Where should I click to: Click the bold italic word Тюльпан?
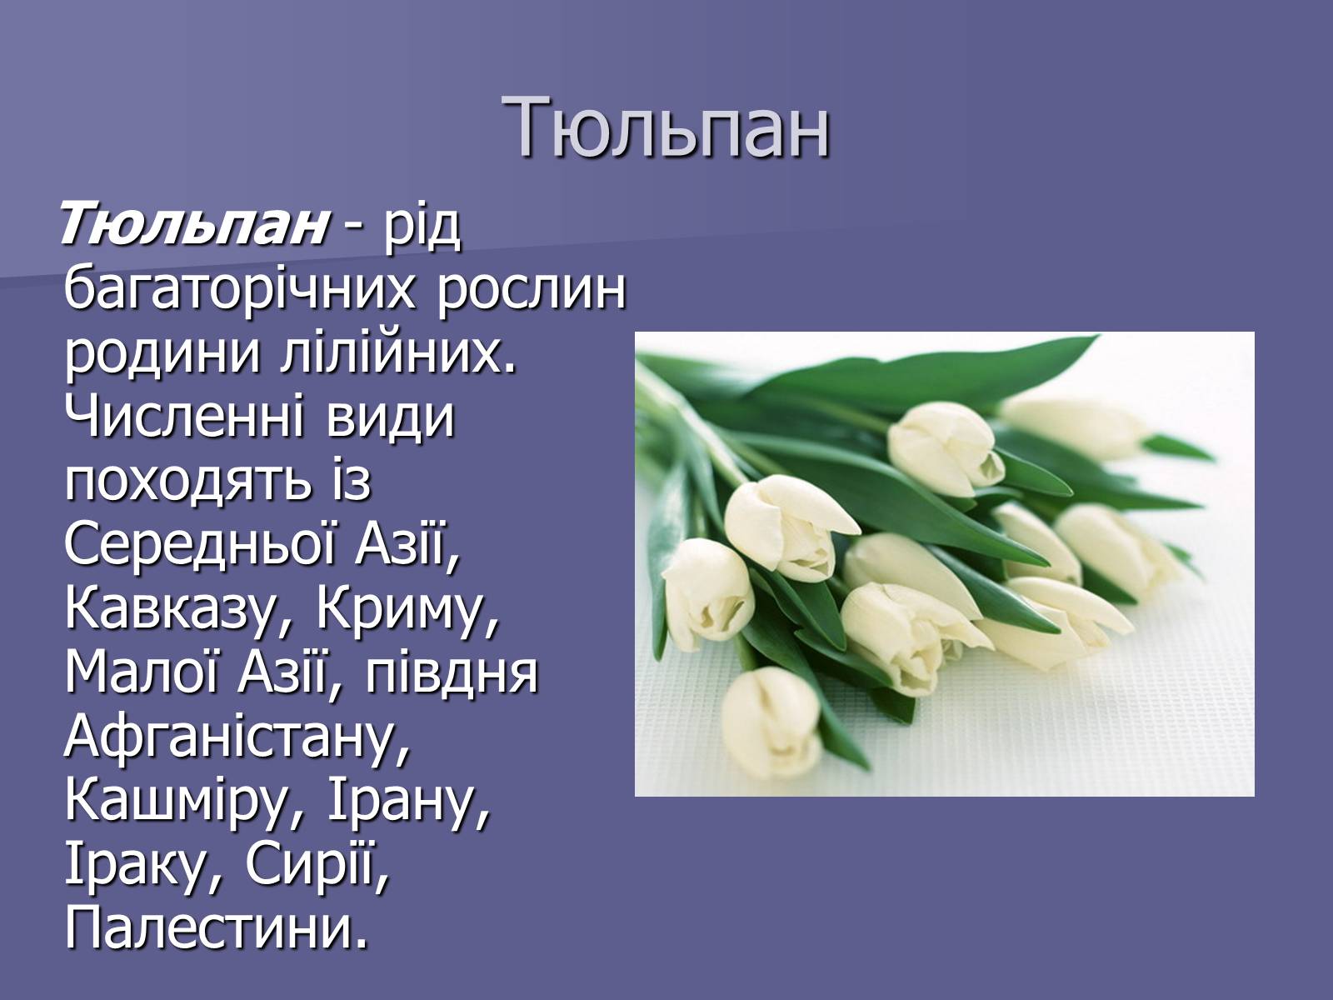click(x=194, y=222)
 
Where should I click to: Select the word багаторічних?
click(x=240, y=291)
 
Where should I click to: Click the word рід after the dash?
click(x=421, y=227)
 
